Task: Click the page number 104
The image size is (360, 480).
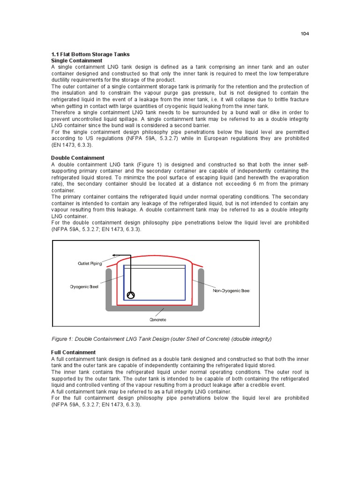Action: coord(305,34)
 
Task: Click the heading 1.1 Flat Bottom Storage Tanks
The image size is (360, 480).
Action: coord(90,54)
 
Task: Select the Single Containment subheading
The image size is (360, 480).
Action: coord(76,60)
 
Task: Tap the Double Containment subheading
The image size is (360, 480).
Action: coord(77,158)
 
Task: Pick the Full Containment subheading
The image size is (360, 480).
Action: coord(73,352)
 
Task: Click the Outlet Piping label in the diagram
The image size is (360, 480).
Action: coord(90,264)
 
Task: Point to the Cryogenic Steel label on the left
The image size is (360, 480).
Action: coord(84,286)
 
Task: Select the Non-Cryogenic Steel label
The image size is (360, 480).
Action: coord(231,291)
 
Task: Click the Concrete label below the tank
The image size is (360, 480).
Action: coord(158,320)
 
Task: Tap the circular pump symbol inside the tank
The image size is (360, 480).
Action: coord(130,295)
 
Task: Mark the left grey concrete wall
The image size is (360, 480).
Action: coord(108,286)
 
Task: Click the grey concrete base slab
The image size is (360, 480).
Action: coord(155,308)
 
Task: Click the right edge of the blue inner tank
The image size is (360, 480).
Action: coord(185,282)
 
